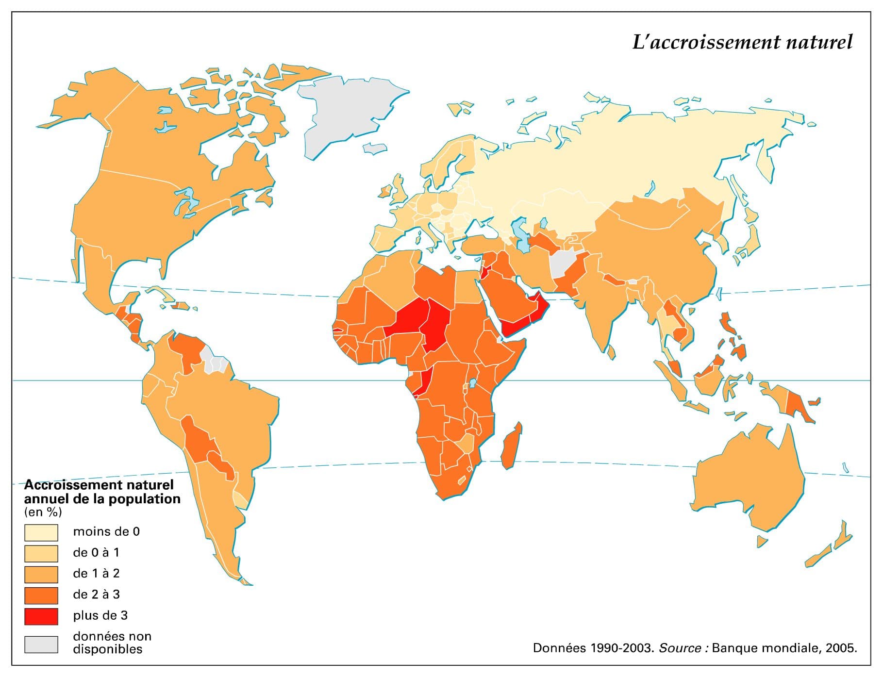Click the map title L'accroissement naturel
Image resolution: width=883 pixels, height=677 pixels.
tap(742, 43)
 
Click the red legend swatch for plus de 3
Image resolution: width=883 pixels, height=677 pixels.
tap(41, 616)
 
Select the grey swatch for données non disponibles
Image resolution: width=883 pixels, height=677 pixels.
tap(41, 644)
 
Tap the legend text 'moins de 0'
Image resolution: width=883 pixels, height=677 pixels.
tap(106, 532)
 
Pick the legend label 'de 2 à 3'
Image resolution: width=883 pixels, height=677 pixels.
tap(96, 594)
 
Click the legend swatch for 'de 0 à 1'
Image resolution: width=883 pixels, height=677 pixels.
tap(41, 553)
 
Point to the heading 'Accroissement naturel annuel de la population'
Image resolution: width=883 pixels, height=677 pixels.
tap(102, 492)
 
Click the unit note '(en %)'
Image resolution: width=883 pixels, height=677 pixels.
tap(43, 512)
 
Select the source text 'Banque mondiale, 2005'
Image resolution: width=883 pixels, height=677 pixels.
tap(784, 648)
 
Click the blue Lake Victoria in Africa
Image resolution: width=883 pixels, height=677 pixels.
tap(472, 383)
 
